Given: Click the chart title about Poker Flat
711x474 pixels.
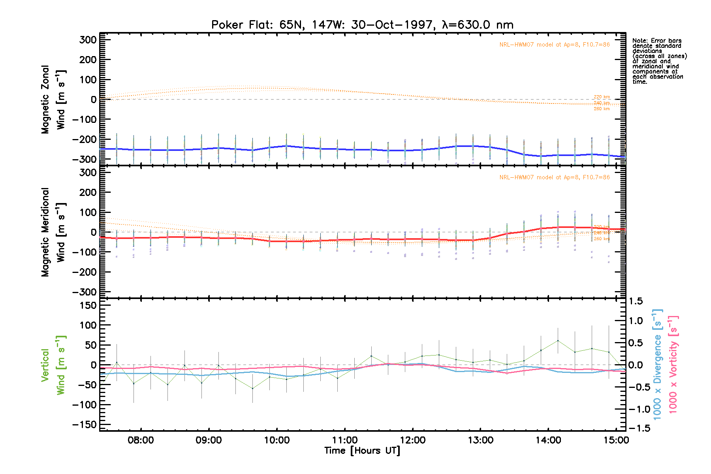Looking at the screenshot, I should tap(362, 25).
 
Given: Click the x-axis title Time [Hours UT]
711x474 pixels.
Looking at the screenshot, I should tap(362, 451).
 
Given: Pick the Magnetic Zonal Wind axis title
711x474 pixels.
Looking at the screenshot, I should tap(53, 100).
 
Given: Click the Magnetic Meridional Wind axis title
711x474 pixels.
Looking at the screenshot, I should tap(53, 232).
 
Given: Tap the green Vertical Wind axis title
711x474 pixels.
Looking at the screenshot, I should tap(53, 365).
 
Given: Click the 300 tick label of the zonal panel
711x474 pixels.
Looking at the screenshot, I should tap(88, 40).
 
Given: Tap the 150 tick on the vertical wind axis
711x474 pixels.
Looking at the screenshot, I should tap(88, 305).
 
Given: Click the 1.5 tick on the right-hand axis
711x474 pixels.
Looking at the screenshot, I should tap(636, 301).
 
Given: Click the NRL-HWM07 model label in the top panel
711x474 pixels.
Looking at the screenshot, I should tap(554, 45).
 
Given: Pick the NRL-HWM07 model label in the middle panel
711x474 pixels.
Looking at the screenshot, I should tap(554, 177).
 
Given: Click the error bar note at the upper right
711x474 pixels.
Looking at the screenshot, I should tap(659, 61).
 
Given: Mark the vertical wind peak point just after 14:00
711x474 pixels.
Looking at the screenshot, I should tap(558, 340).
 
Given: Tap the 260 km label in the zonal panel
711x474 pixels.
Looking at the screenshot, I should tap(602, 109).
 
